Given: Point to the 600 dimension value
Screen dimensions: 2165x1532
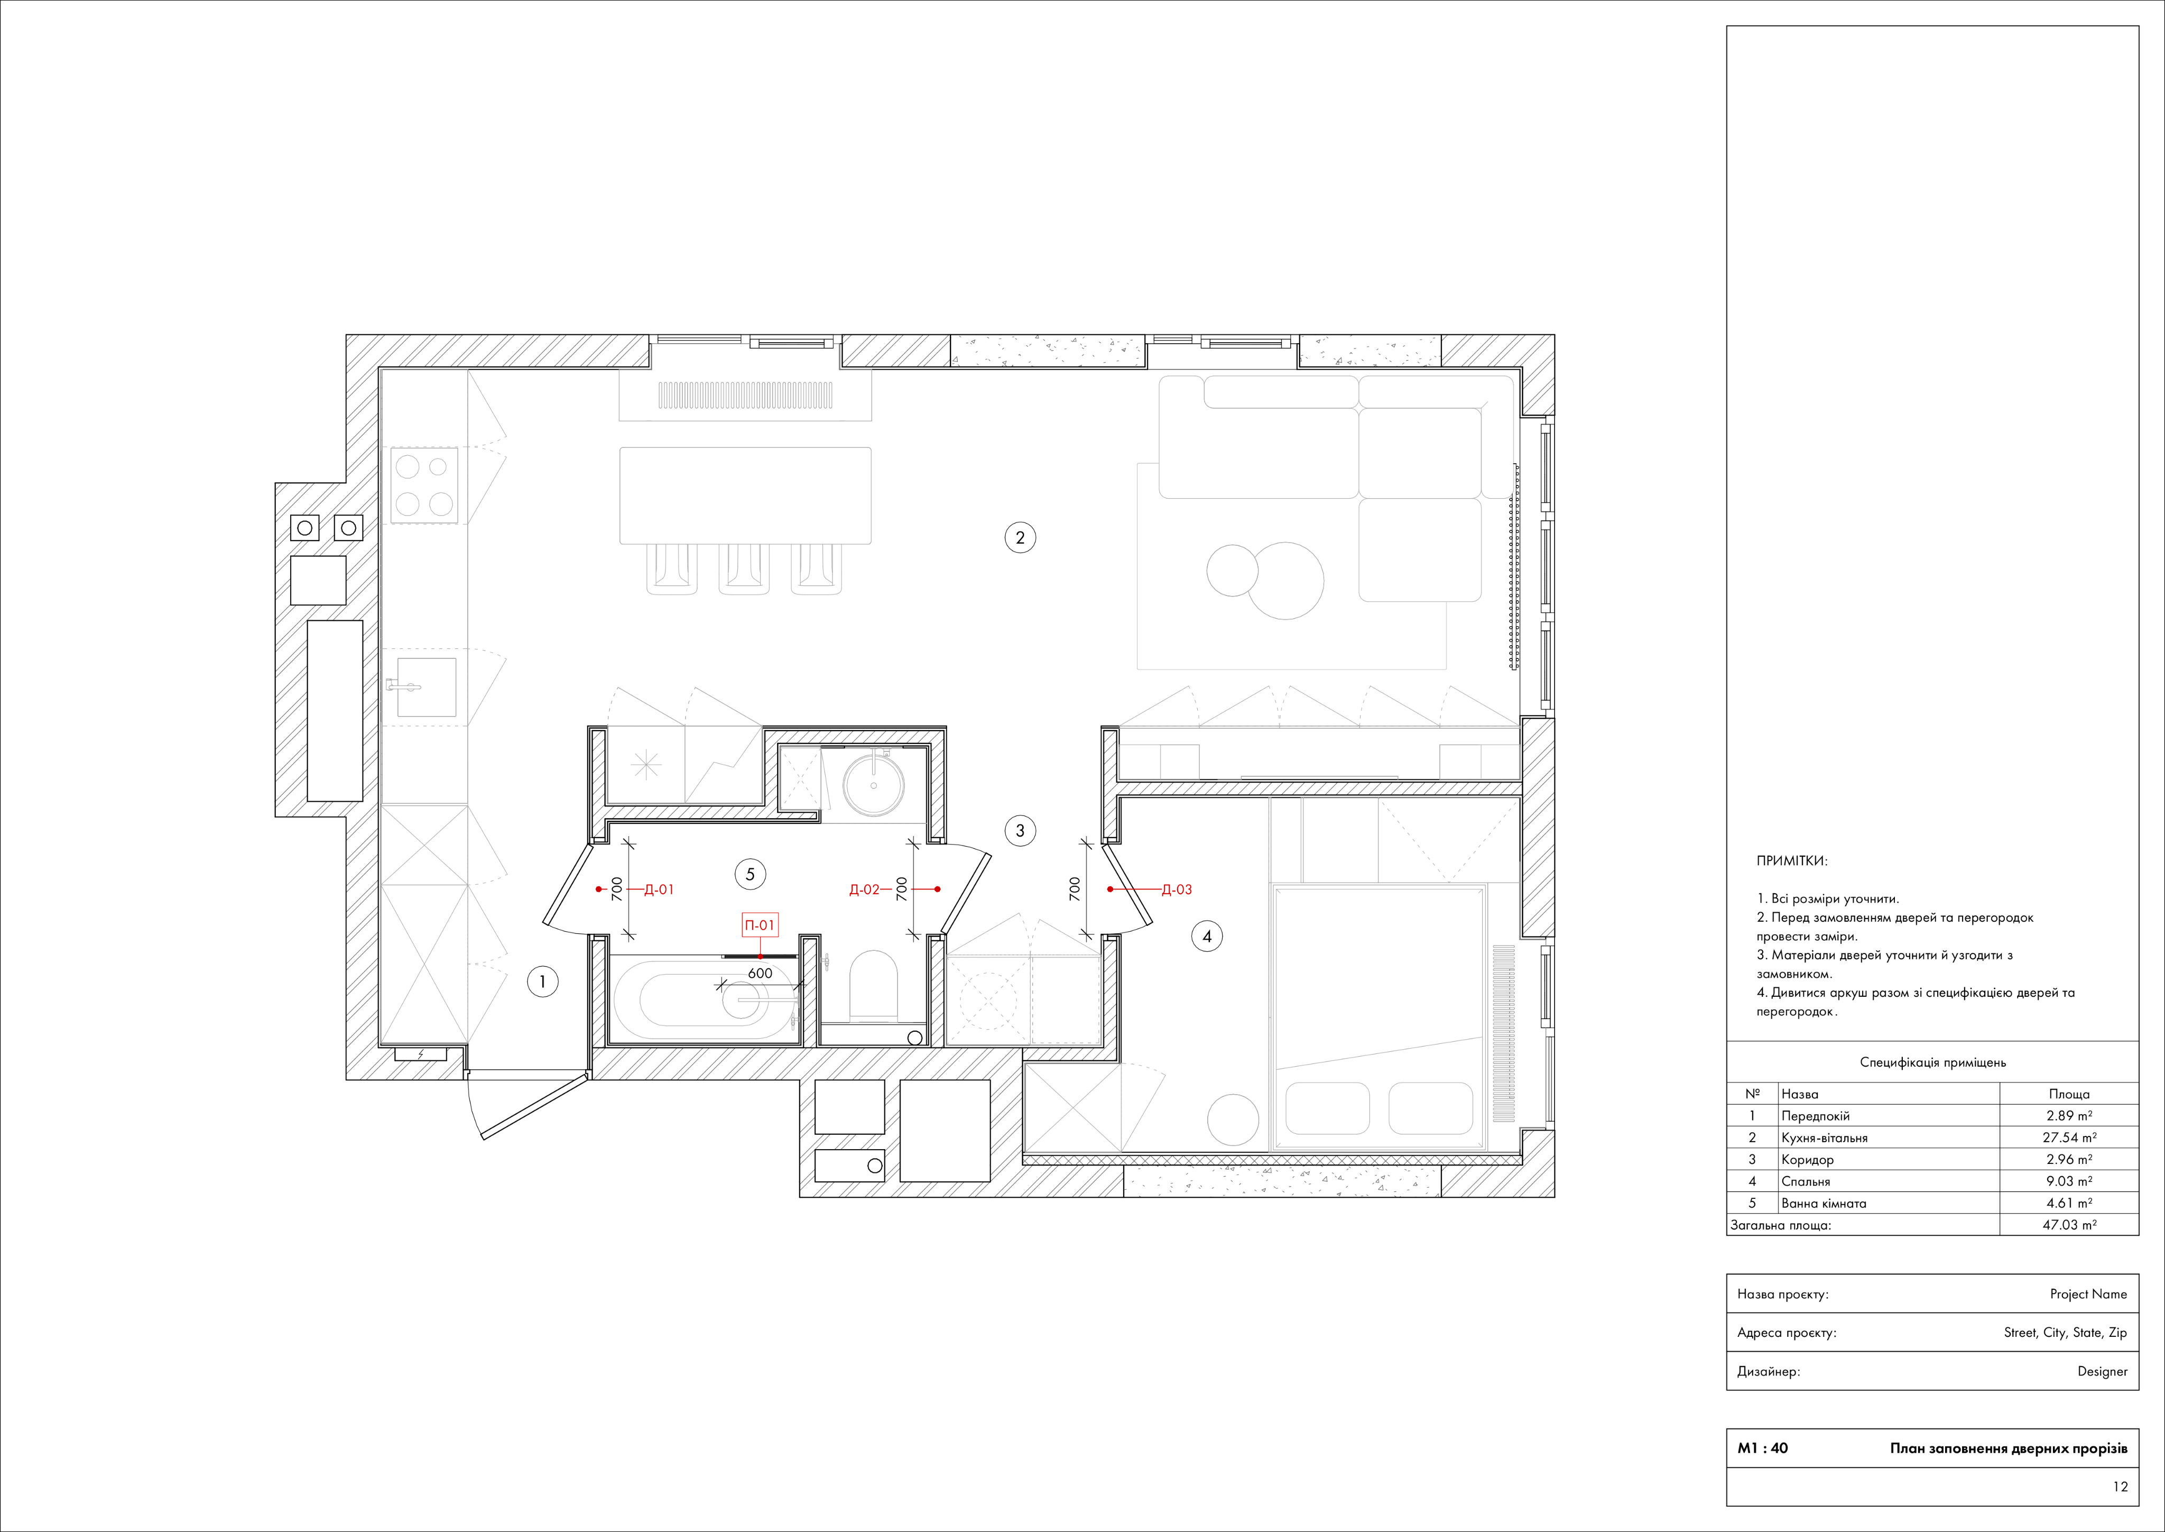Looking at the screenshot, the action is pyautogui.click(x=760, y=974).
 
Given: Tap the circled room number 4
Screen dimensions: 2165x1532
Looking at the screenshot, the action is pyautogui.click(x=1207, y=937).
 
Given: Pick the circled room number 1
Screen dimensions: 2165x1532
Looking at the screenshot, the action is pyautogui.click(x=542, y=982).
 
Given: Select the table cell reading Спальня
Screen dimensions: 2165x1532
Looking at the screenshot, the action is pyautogui.click(x=1806, y=1181).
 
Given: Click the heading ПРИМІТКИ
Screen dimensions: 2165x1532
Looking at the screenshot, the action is pyautogui.click(x=1792, y=861).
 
